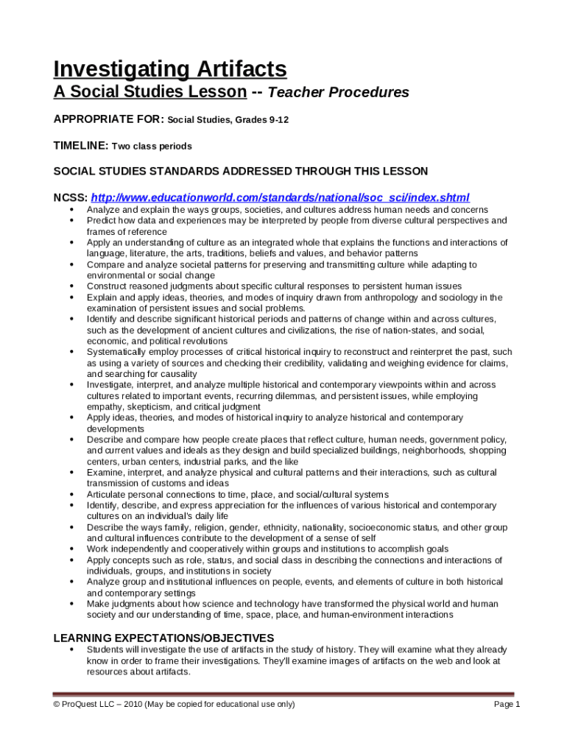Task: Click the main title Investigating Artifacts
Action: tap(169, 69)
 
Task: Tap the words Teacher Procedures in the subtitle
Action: tap(338, 93)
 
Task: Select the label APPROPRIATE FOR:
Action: tap(109, 119)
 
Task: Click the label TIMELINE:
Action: tap(80, 146)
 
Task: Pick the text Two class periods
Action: tap(152, 147)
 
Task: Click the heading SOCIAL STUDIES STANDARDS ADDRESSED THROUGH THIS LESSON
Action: tap(240, 172)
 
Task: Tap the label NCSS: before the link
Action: tap(70, 198)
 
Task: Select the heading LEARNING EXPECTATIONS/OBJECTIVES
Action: tap(163, 638)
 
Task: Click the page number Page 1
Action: tap(507, 705)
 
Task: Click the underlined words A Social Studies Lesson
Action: tap(149, 93)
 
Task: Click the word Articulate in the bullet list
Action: tap(108, 494)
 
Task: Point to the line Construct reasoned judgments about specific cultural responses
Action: tap(274, 286)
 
